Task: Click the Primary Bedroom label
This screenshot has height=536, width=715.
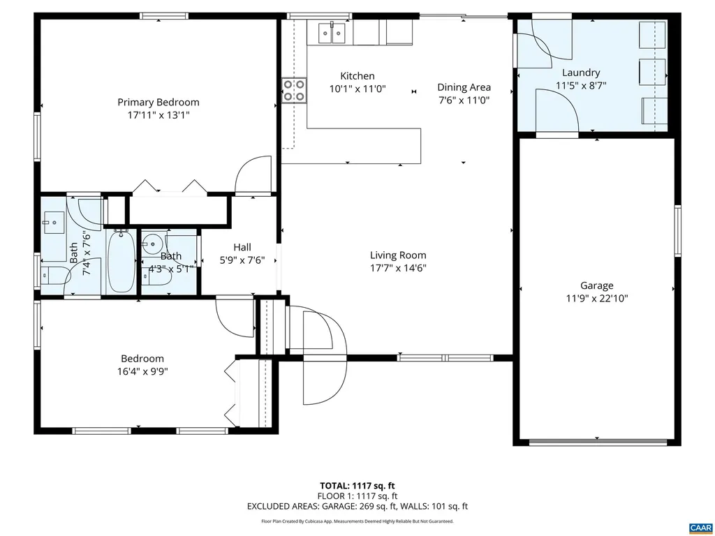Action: pyautogui.click(x=158, y=102)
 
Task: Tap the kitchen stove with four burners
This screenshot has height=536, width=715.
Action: pyautogui.click(x=294, y=90)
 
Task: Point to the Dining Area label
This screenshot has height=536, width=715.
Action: pyautogui.click(x=464, y=87)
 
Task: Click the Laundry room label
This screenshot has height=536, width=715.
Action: pyautogui.click(x=580, y=73)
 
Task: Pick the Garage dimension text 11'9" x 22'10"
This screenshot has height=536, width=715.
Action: pyautogui.click(x=597, y=298)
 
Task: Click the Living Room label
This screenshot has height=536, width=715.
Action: pyautogui.click(x=398, y=255)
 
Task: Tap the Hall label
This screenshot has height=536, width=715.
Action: pyautogui.click(x=242, y=247)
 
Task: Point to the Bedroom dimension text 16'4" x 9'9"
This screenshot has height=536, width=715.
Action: pyautogui.click(x=142, y=372)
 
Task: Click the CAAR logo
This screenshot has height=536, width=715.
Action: pyautogui.click(x=700, y=527)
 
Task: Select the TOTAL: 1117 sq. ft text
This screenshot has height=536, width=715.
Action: pyautogui.click(x=357, y=486)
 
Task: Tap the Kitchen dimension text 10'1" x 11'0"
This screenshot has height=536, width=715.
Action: pyautogui.click(x=357, y=89)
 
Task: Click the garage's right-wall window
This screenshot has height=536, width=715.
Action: pyautogui.click(x=677, y=230)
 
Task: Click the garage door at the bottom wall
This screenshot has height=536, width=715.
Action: pyautogui.click(x=597, y=441)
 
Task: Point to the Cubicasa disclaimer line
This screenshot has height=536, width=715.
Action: pyautogui.click(x=357, y=521)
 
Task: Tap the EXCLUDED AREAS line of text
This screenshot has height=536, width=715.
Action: pyautogui.click(x=357, y=507)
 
